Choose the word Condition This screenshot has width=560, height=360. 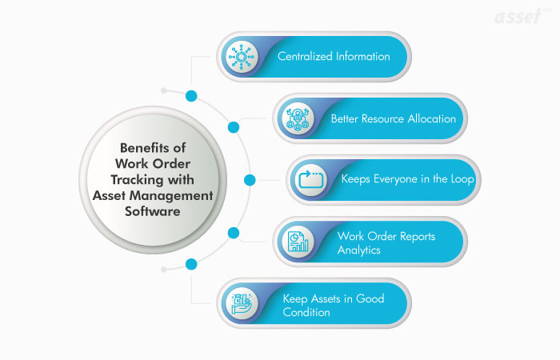click(306, 312)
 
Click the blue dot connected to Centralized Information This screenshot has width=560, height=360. click(191, 96)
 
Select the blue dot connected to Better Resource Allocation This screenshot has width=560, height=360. click(234, 127)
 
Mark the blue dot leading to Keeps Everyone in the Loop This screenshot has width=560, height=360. click(250, 180)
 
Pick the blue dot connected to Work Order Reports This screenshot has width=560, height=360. click(234, 233)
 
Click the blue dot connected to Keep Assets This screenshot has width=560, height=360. click(191, 264)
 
